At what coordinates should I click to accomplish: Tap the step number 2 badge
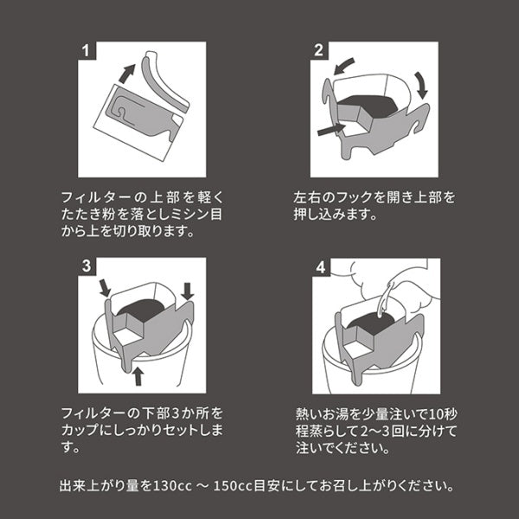(x=320, y=49)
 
